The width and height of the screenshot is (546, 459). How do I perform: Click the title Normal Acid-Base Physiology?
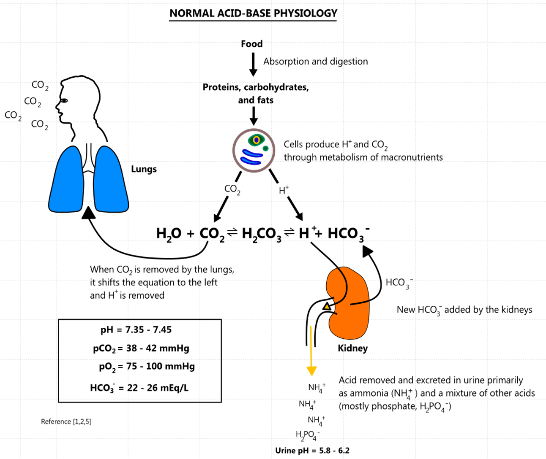click(x=253, y=13)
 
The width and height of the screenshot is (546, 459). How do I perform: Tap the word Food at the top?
click(x=252, y=44)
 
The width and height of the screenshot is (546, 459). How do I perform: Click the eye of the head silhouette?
click(x=64, y=101)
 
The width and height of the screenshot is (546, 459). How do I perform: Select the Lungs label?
click(x=144, y=169)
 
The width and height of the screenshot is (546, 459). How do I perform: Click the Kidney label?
click(x=352, y=348)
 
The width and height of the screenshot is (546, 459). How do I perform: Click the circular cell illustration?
click(x=254, y=150)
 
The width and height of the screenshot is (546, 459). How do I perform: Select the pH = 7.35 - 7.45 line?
click(x=136, y=329)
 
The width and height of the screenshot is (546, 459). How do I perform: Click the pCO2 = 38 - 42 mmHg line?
click(x=141, y=348)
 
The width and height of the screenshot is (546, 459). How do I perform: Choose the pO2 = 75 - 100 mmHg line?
click(x=147, y=367)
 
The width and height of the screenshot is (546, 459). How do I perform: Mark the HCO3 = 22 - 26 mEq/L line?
click(x=139, y=388)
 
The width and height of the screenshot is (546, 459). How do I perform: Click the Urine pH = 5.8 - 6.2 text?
click(x=312, y=451)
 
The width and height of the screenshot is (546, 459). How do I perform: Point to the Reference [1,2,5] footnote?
click(x=66, y=421)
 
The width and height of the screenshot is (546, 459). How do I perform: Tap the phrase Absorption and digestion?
click(x=315, y=62)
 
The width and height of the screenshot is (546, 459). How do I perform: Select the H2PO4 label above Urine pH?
click(x=308, y=435)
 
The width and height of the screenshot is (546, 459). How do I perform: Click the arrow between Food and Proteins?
click(x=253, y=65)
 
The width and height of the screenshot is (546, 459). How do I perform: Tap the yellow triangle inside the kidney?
click(x=327, y=306)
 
